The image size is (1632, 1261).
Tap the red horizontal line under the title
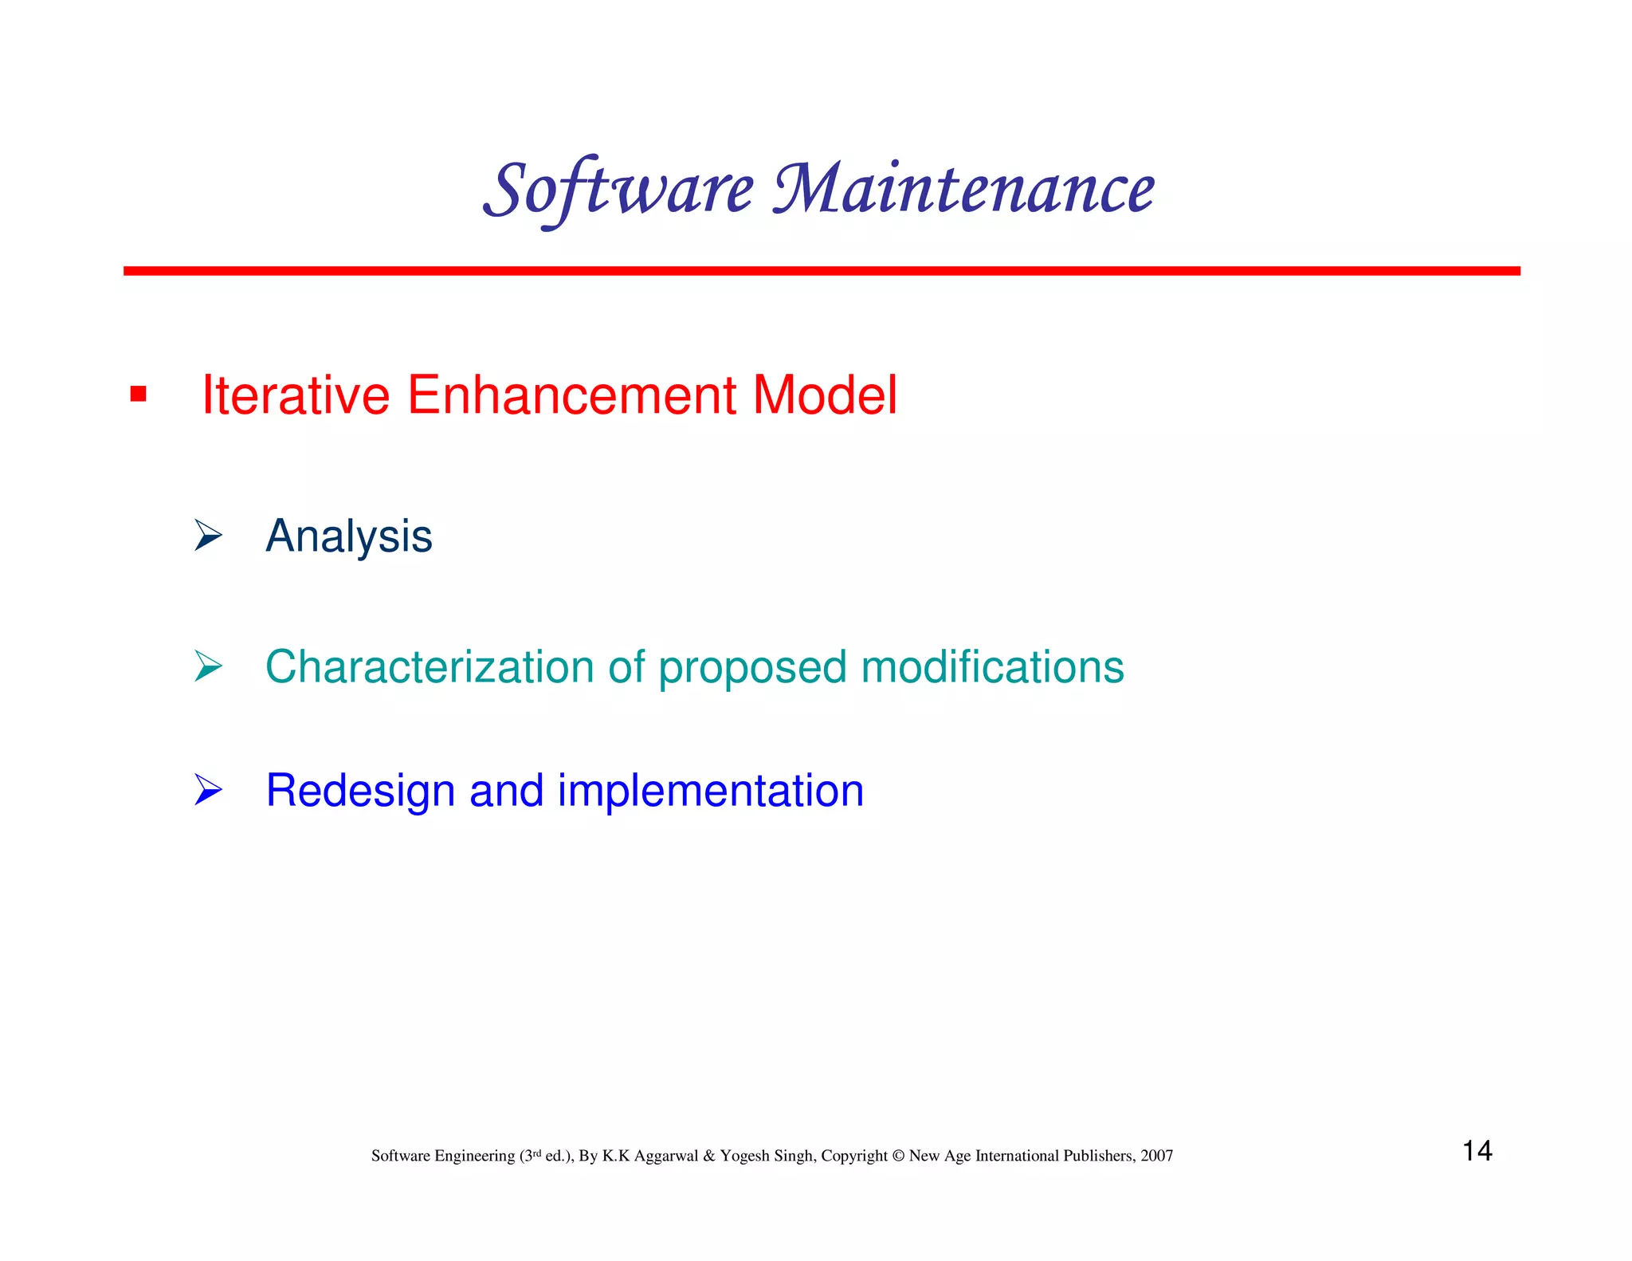(x=821, y=271)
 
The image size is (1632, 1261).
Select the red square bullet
(x=138, y=394)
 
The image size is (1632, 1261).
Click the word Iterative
(x=295, y=395)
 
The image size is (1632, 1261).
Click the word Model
(x=825, y=395)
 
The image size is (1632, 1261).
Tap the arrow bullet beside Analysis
(x=207, y=535)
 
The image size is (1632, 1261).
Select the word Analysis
(x=348, y=536)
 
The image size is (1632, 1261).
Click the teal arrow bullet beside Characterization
(x=207, y=666)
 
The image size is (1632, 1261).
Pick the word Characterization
(x=430, y=666)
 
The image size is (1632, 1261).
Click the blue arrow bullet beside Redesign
(x=207, y=790)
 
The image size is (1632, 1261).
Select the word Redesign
(x=359, y=791)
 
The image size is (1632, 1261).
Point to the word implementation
(x=710, y=791)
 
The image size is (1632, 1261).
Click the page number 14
(x=1477, y=1150)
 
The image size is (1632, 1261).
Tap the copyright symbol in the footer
(x=898, y=1156)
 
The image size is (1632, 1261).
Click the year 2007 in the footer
(x=1156, y=1156)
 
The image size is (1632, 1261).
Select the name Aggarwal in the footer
(x=665, y=1156)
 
